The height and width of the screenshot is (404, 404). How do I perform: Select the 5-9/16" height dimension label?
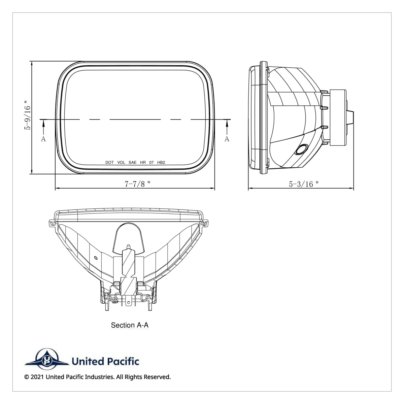(x=28, y=114)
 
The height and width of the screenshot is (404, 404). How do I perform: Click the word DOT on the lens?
(x=109, y=162)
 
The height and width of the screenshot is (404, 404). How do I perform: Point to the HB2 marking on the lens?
(x=161, y=162)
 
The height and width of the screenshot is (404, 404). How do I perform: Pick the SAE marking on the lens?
(x=133, y=162)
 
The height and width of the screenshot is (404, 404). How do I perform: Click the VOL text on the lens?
(x=121, y=162)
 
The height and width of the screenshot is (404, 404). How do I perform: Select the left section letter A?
(x=43, y=139)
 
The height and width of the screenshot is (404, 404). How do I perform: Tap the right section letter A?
(x=227, y=139)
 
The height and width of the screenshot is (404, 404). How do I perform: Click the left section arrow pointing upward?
(x=43, y=126)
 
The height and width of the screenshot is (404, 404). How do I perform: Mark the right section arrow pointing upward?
(x=227, y=126)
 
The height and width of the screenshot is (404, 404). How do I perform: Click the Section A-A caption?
(x=130, y=325)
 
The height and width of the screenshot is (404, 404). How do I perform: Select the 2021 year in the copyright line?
(x=37, y=377)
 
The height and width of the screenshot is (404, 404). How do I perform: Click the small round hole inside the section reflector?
(x=96, y=258)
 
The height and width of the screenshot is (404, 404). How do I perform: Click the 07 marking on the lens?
(x=151, y=162)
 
